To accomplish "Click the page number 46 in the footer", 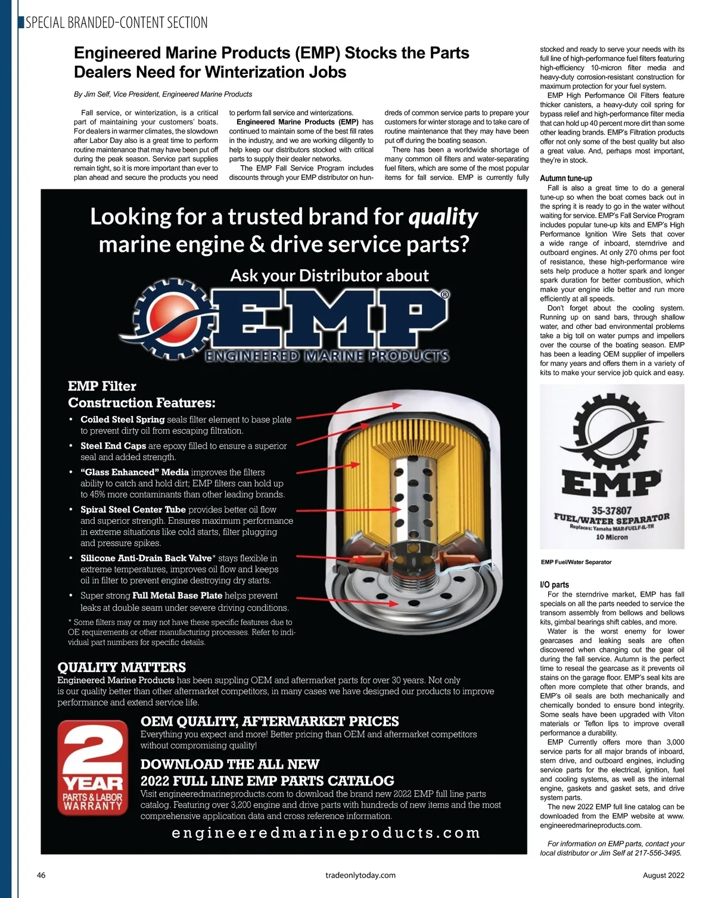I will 41,875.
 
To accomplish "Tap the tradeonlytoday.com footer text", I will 360,875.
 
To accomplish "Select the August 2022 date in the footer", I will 663,875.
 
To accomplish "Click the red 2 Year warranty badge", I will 92,768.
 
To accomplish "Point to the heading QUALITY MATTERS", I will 122,667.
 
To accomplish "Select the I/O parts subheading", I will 554,585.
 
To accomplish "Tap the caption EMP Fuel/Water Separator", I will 576,562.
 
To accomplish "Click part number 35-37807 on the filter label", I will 611,511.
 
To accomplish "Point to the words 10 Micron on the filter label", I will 611,537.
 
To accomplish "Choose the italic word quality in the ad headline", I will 443,217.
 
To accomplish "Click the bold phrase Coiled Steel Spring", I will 122,420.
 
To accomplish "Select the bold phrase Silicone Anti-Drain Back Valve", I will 146,558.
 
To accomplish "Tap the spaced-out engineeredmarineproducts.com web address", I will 325,833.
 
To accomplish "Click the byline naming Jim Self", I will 163,94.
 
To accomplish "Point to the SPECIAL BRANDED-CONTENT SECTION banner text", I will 117,23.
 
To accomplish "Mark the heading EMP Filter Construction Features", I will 141,394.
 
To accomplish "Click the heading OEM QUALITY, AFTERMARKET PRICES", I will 269,721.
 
